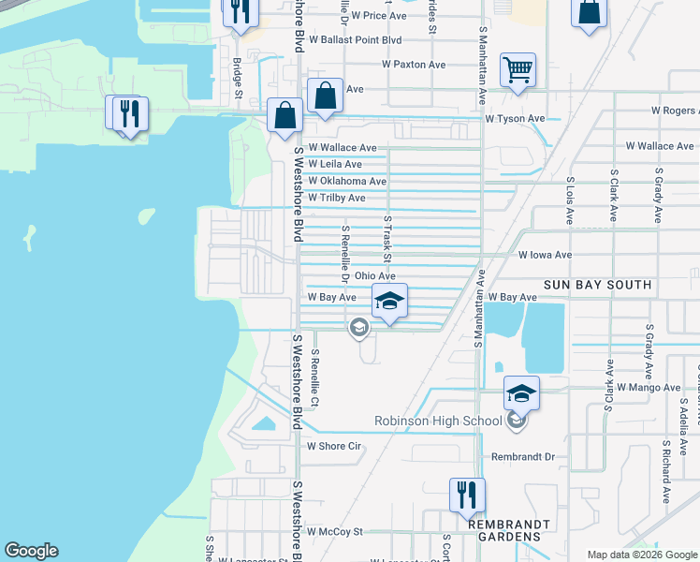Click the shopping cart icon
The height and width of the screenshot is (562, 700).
(x=518, y=70)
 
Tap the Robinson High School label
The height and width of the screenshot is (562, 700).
(x=439, y=421)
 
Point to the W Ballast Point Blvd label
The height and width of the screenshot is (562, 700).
(x=354, y=40)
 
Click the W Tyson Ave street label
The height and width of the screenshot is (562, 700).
(x=515, y=119)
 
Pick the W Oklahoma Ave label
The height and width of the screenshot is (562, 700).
(x=347, y=181)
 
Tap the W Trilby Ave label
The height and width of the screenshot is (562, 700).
(x=337, y=199)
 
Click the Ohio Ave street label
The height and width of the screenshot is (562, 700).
(x=374, y=276)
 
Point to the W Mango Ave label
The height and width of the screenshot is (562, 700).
(x=646, y=387)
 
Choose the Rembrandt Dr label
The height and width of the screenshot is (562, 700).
(x=523, y=457)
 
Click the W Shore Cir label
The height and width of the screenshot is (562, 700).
(x=334, y=447)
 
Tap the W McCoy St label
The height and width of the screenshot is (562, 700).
(x=334, y=532)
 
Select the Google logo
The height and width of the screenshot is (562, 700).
(x=31, y=551)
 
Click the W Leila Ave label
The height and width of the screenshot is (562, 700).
(x=335, y=164)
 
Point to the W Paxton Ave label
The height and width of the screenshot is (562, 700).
(x=414, y=65)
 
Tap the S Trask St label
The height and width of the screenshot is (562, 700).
(x=386, y=239)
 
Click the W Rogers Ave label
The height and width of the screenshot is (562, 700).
(x=668, y=111)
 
